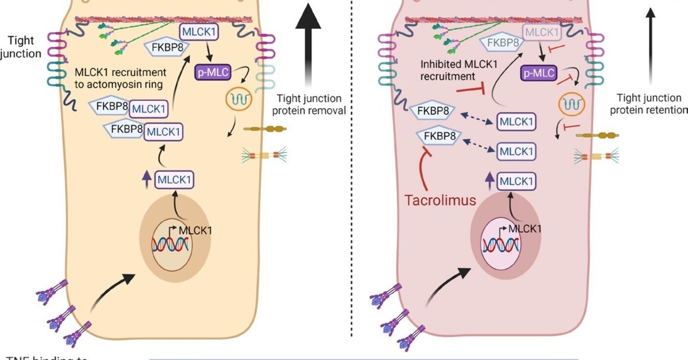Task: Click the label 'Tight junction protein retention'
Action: point(649,104)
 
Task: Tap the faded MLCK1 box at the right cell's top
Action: point(542,33)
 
